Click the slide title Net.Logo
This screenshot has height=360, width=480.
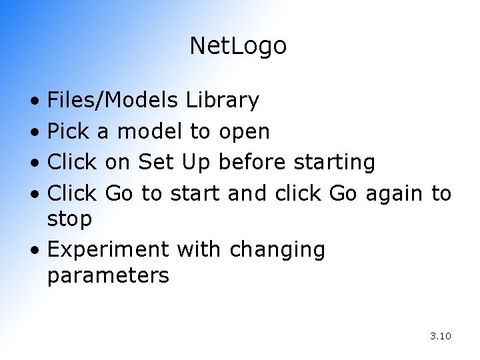click(238, 46)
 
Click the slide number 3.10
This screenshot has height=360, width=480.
click(441, 336)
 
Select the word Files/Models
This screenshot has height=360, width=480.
click(113, 101)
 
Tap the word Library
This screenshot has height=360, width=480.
click(222, 101)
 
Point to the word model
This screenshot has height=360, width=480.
click(149, 132)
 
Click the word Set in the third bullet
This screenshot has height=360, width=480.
click(153, 163)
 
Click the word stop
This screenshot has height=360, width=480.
click(69, 219)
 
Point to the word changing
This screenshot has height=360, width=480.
click(277, 250)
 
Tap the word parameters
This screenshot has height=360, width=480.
click(108, 275)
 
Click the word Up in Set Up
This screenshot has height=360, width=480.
click(194, 163)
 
